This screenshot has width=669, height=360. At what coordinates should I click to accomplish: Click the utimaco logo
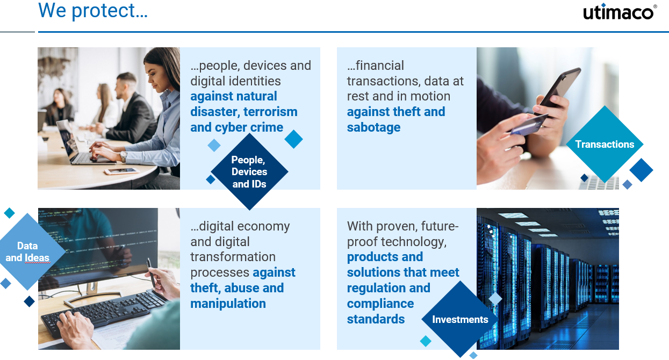(x=620, y=12)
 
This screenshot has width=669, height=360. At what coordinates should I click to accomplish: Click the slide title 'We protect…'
(x=92, y=11)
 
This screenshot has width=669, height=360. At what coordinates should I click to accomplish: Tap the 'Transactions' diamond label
(x=605, y=144)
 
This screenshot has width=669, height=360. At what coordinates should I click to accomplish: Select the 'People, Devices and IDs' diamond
(x=249, y=172)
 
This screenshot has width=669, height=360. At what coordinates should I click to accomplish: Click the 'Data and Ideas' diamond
(x=27, y=251)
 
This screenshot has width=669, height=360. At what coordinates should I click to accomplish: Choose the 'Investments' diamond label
(x=460, y=320)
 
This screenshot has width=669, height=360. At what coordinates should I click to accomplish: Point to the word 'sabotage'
(x=373, y=127)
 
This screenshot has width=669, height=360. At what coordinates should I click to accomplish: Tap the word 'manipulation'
(x=228, y=304)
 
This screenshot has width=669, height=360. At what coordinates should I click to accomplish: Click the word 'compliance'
(x=380, y=304)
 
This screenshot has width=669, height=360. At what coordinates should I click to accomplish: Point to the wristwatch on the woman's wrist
(x=124, y=156)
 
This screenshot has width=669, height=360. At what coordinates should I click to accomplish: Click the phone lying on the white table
(x=121, y=171)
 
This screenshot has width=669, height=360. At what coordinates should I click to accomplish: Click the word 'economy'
(x=263, y=226)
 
